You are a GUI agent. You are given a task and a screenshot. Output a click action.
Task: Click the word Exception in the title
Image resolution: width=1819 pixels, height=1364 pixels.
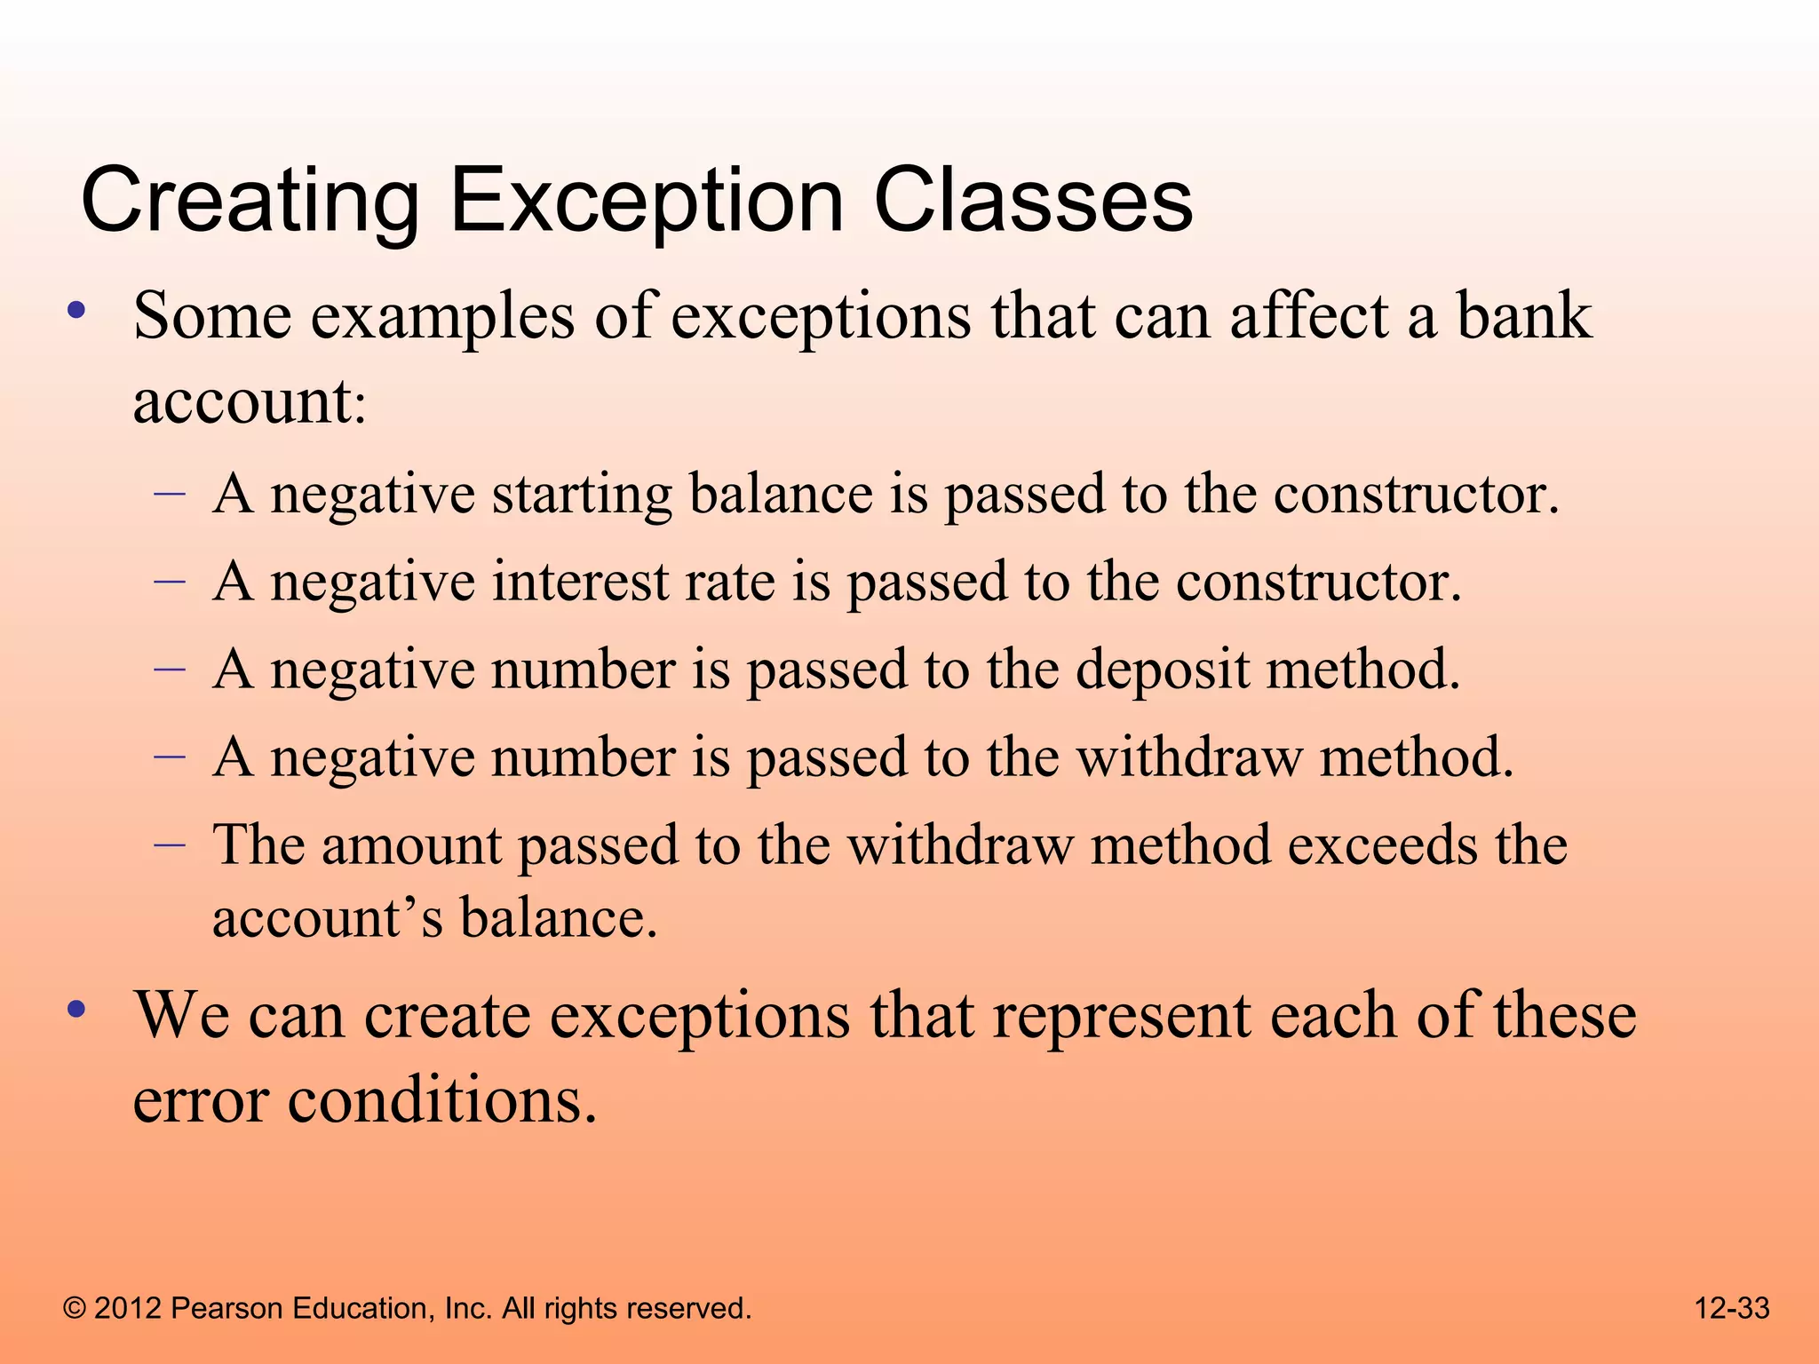point(647,202)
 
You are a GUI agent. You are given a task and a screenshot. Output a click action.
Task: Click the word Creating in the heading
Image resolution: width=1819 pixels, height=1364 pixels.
point(250,202)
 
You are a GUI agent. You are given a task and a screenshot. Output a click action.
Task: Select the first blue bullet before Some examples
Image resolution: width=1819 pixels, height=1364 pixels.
point(77,311)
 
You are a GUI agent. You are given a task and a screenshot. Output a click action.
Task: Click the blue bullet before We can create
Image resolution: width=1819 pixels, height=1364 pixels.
point(77,1010)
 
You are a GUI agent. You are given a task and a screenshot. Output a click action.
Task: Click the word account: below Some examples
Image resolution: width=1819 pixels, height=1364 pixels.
point(250,401)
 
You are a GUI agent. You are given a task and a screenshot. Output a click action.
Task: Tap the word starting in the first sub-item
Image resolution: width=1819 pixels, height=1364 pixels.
point(582,495)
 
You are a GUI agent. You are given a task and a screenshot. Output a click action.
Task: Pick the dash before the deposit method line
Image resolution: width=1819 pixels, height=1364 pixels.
point(170,667)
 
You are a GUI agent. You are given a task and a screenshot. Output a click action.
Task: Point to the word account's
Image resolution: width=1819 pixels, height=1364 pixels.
point(328,918)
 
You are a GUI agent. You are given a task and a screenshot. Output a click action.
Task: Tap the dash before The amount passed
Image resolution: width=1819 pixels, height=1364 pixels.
point(170,843)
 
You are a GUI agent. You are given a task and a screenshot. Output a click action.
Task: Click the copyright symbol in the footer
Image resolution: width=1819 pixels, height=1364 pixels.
point(75,1308)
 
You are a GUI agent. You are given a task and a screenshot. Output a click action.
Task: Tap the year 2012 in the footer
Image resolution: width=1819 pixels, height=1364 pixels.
point(127,1308)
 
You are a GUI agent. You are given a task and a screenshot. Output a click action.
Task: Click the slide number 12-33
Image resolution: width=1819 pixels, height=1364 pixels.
point(1732,1308)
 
